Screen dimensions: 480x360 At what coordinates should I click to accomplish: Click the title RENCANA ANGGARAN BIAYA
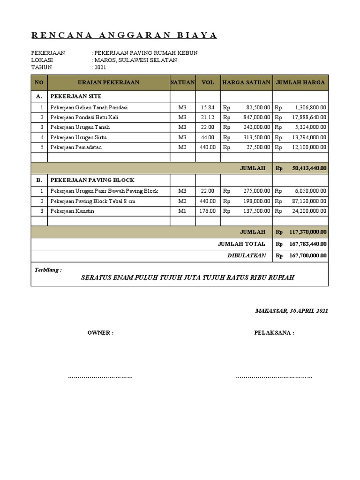pos(124,36)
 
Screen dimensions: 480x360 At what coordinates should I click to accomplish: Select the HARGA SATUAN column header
pos(246,82)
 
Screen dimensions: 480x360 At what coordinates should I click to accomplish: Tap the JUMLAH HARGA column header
pos(300,82)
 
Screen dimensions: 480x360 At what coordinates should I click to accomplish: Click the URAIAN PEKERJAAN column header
pos(108,82)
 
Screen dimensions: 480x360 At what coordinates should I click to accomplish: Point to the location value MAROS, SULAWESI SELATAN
pos(135,60)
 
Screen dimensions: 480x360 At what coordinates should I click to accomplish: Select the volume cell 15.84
pos(208,107)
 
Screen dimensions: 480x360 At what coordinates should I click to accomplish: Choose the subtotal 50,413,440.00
pos(309,167)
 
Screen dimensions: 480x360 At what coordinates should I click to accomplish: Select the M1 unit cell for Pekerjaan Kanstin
pos(182,211)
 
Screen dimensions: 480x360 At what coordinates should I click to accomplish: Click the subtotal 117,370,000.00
pos(308,232)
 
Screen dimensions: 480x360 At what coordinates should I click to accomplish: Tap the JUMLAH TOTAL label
pos(241,244)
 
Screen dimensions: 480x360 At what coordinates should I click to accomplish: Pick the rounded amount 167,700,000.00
pos(308,256)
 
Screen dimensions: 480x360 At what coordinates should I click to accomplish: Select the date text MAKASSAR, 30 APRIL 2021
pos(292,311)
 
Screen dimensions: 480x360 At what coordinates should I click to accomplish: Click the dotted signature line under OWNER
pos(100,376)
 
